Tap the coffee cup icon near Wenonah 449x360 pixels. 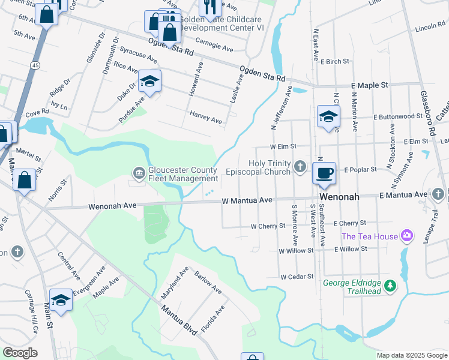point(324,173)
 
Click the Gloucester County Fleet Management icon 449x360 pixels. point(139,173)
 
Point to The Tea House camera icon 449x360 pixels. point(408,236)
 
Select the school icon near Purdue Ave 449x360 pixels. point(149,81)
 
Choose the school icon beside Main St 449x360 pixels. point(61,299)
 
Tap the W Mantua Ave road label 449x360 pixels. point(247,200)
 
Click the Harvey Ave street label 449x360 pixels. point(205,117)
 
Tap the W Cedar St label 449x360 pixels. point(297,277)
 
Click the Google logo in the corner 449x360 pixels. point(20,353)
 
